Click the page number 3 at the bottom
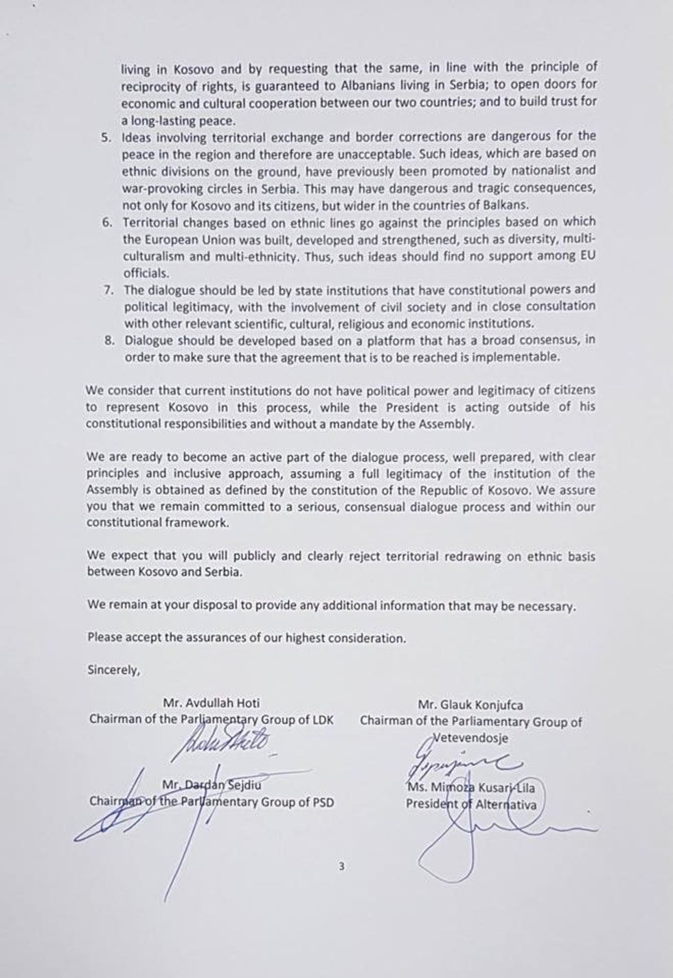[x=341, y=866]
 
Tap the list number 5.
[x=106, y=137]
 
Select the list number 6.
[x=107, y=223]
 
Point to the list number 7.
[x=109, y=290]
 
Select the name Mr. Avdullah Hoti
[x=212, y=703]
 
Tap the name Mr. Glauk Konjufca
[x=470, y=704]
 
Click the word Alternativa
[x=507, y=804]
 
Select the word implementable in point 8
[x=521, y=358]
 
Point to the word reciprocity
[x=152, y=85]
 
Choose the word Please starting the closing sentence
[x=104, y=638]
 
